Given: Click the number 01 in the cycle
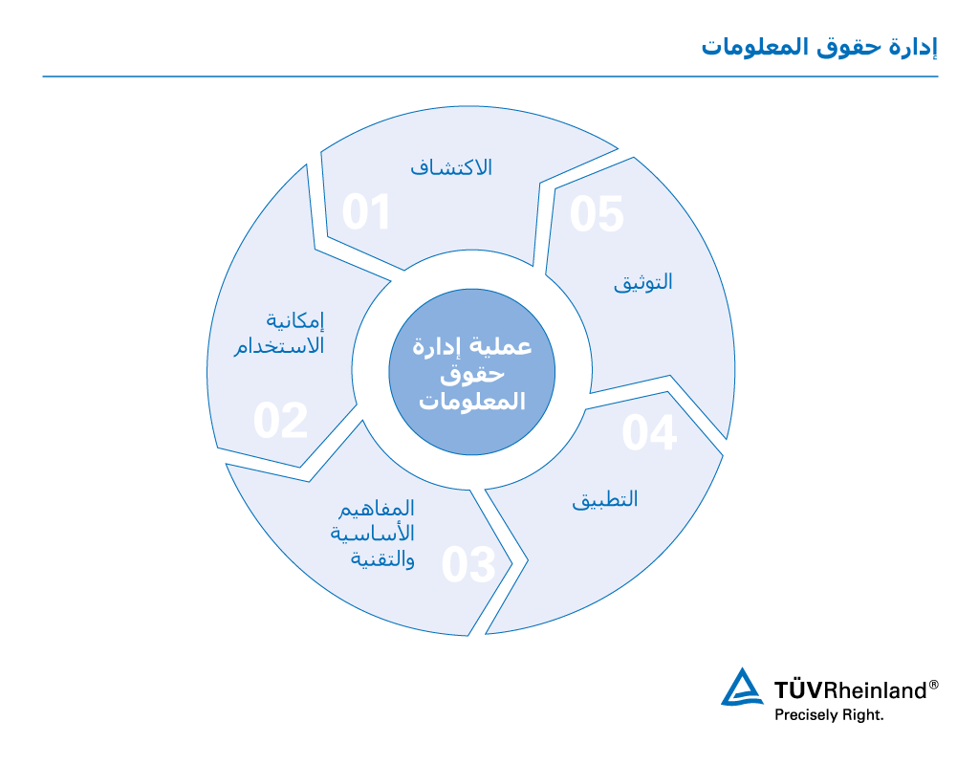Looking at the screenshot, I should coord(367,212).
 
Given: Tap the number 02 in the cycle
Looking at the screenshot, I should coord(280,421).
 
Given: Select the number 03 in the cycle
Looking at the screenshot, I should coord(468,565).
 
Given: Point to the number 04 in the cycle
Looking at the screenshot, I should coord(649,433).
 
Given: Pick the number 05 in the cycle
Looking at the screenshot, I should coord(597,214).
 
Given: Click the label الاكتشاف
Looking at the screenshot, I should coord(451,166).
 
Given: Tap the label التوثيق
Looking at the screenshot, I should coord(642,282).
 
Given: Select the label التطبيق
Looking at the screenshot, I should coord(605,499).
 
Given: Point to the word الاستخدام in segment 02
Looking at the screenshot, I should coord(279,345).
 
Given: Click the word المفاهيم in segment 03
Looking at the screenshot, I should coord(378,508).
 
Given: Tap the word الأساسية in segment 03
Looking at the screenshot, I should coord(373,533).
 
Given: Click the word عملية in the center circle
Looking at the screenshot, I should coord(503,348).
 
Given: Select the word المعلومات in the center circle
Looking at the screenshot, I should coord(473,402).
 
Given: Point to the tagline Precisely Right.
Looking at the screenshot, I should coord(829,714).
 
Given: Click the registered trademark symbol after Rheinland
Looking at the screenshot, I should coord(934,684).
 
